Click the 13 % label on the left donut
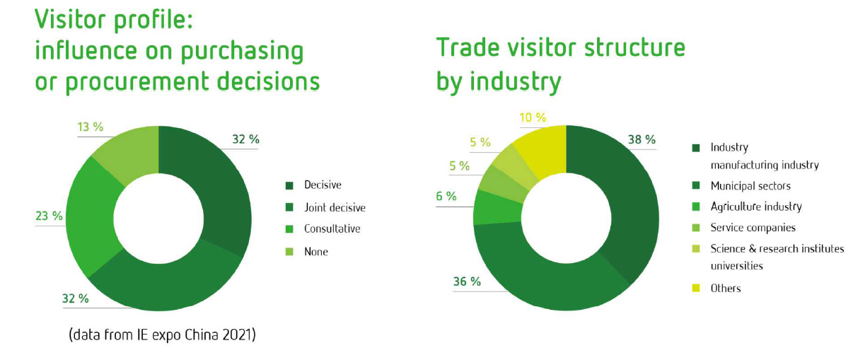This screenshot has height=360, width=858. (91, 127)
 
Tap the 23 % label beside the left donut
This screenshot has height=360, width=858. (49, 216)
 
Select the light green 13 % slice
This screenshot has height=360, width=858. (130, 153)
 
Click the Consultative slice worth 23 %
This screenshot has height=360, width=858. (92, 216)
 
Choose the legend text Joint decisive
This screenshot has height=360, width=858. (335, 207)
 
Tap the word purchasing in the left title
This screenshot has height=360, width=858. (242, 52)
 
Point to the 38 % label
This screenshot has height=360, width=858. (642, 139)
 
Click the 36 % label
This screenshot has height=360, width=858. (467, 281)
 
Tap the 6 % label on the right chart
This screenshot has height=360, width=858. (446, 196)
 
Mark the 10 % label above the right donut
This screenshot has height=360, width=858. (533, 117)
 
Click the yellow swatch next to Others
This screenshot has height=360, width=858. (696, 288)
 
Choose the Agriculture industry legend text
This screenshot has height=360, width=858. (756, 207)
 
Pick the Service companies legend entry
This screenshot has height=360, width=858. (753, 228)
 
